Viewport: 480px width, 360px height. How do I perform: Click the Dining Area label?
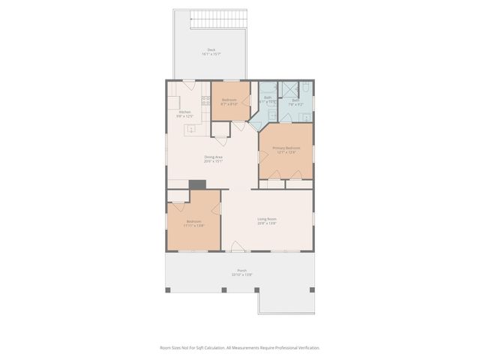coord(213,158)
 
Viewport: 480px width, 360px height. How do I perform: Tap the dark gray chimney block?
coord(197,184)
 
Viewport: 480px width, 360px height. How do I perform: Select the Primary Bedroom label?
coord(286,149)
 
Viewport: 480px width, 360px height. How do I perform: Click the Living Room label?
coord(267,220)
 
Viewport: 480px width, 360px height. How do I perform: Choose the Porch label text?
coord(241,272)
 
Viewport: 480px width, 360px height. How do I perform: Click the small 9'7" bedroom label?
coord(229,102)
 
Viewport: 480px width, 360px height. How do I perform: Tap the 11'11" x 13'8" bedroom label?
coord(193,223)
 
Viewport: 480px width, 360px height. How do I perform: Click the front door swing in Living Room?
coord(237,246)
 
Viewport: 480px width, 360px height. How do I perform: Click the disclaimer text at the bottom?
coord(240,347)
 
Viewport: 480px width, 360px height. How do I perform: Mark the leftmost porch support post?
coord(168,290)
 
